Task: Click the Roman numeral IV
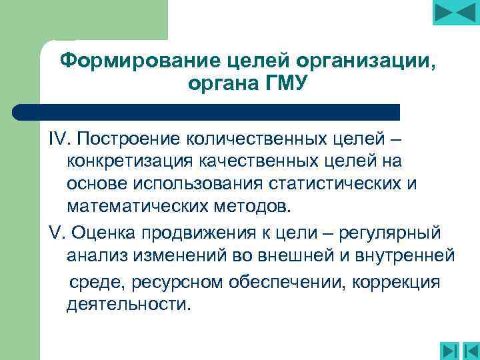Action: pos(61,140)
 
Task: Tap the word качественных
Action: pos(263,161)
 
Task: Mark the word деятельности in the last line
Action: pos(129,304)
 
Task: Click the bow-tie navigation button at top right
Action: pos(455,14)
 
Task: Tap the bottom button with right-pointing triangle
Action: pos(447,349)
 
